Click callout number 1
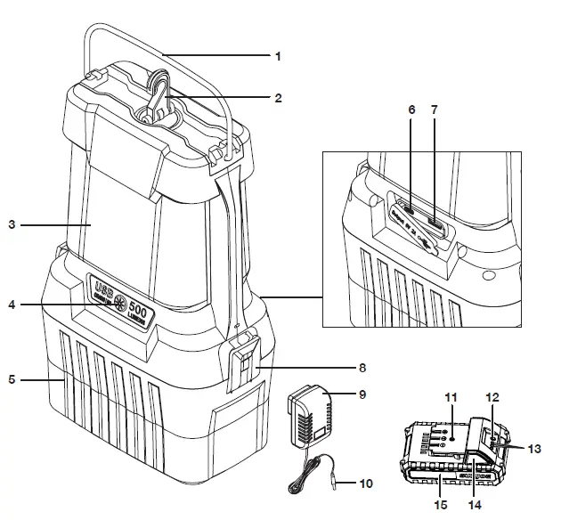tap(278, 55)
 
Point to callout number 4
tap(12, 305)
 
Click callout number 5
tap(12, 380)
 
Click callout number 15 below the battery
tap(440, 505)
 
